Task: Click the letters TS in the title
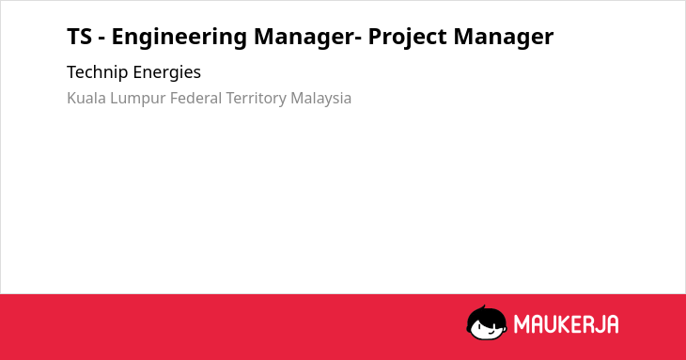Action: click(80, 37)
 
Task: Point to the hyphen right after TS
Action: click(101, 39)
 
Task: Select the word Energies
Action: click(167, 73)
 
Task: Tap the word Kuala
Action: click(86, 98)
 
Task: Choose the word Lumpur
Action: click(138, 99)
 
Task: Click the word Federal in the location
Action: click(195, 98)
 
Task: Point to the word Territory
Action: click(256, 99)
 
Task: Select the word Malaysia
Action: click(321, 99)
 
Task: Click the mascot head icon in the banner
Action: click(487, 322)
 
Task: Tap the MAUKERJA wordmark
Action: click(566, 324)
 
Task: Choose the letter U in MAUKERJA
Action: click(550, 324)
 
